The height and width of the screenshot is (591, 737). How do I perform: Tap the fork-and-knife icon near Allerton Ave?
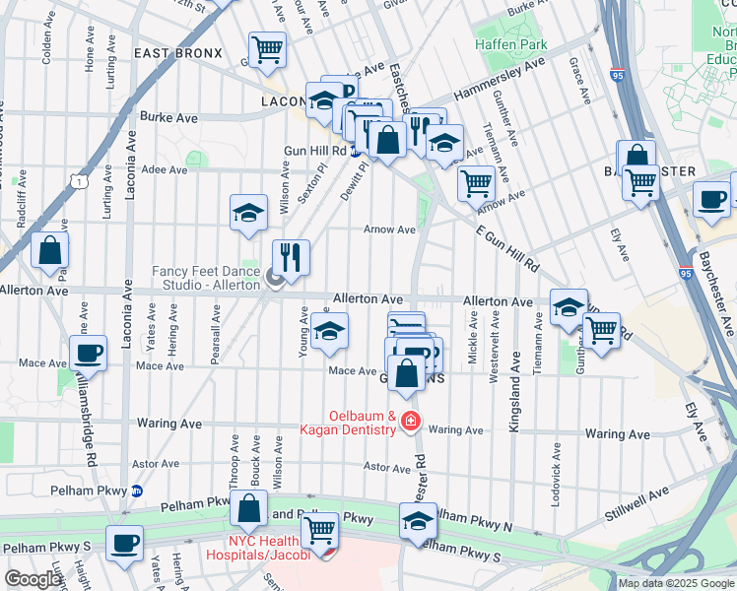pos(290,257)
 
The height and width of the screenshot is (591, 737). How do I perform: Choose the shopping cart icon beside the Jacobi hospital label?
pos(319,530)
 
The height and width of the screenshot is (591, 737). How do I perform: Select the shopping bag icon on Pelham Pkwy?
pos(249,508)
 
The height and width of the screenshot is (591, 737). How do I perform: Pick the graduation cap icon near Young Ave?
pos(329,332)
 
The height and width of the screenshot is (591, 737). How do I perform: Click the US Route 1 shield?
pos(76,179)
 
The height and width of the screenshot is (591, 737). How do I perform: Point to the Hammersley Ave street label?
pos(500,79)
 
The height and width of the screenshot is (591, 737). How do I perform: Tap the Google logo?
pos(33,579)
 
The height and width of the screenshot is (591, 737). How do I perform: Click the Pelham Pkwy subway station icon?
pos(137,490)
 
